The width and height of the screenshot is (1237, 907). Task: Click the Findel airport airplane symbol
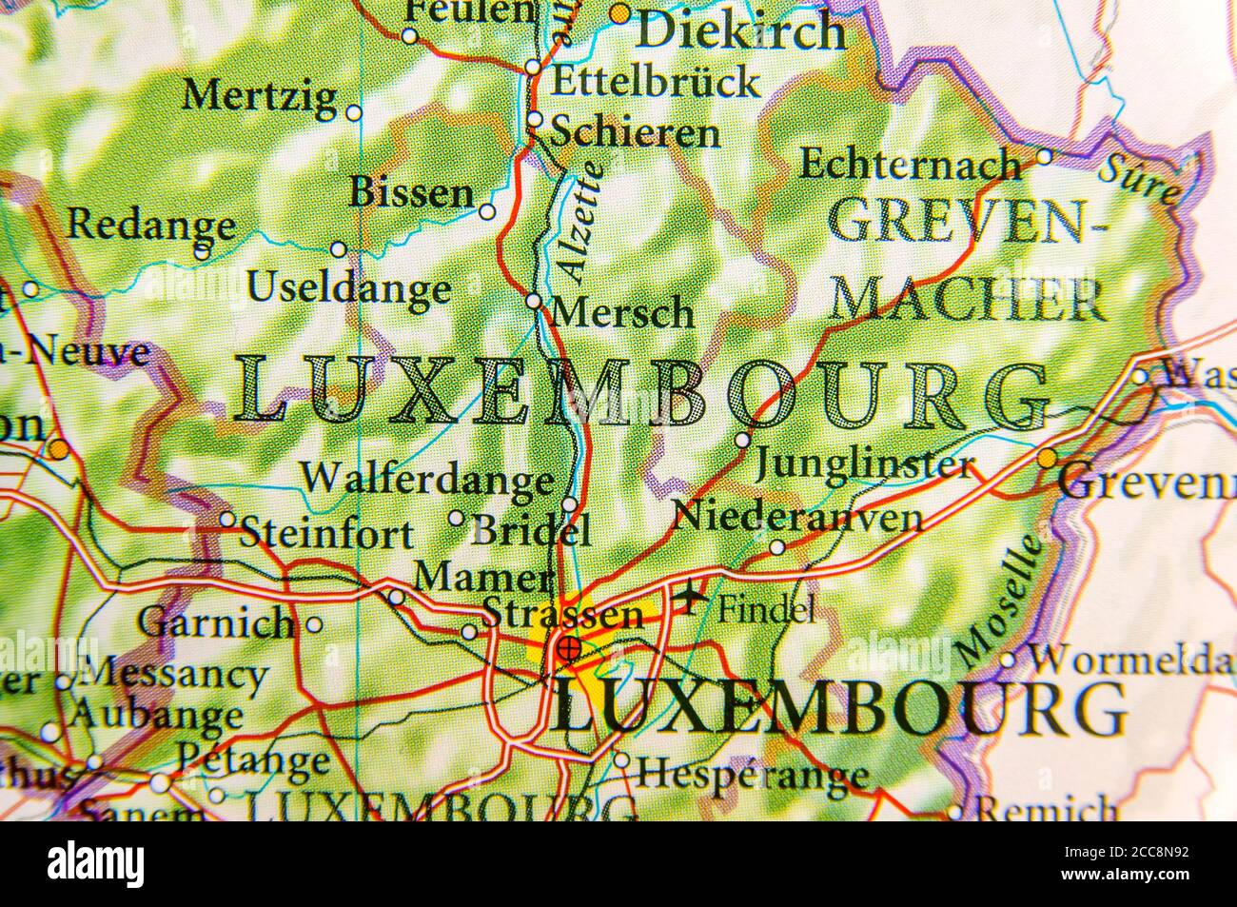click(x=689, y=599)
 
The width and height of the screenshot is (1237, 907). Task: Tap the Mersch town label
click(x=623, y=312)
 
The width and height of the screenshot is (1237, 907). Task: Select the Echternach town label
click(x=910, y=164)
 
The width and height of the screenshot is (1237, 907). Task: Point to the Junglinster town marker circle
click(x=743, y=440)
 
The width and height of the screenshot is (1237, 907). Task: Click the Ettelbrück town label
click(x=656, y=82)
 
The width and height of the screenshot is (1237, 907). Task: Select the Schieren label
click(x=636, y=132)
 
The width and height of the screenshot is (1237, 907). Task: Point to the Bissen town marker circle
click(x=487, y=211)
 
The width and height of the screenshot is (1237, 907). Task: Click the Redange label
click(x=150, y=226)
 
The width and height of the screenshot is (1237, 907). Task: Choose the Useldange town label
click(x=348, y=287)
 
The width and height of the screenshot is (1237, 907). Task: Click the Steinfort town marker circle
click(x=227, y=520)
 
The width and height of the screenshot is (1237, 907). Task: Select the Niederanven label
click(x=797, y=517)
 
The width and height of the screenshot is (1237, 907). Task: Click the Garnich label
click(x=216, y=623)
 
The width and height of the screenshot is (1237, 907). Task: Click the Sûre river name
click(x=1138, y=178)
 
